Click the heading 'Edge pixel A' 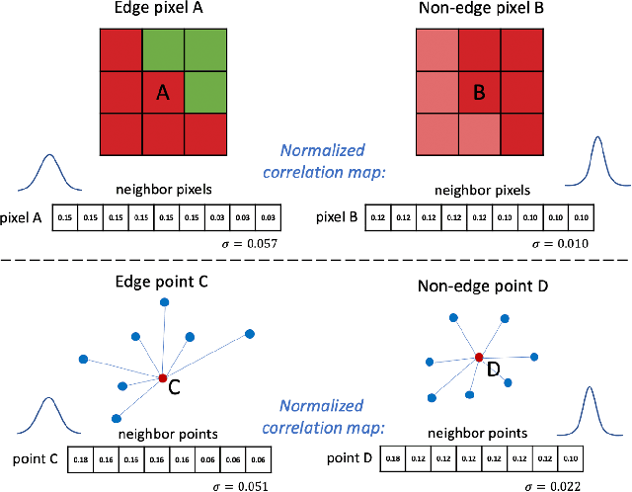[163, 12]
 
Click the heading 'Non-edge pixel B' [478, 12]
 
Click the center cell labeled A [163, 92]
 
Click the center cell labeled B [479, 93]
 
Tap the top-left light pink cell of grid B [435, 50]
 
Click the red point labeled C [163, 377]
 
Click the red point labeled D [478, 357]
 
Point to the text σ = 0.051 [242, 485]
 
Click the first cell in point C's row [81, 460]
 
